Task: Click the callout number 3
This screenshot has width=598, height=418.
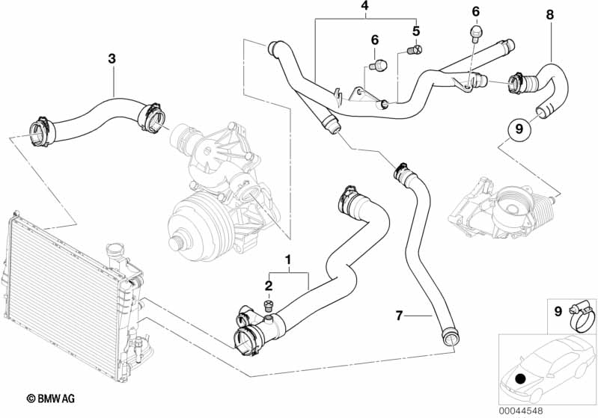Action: click(x=112, y=58)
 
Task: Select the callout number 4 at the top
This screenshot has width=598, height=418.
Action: click(x=365, y=6)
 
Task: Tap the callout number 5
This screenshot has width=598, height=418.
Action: click(x=415, y=31)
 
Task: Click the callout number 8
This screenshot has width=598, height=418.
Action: click(x=549, y=15)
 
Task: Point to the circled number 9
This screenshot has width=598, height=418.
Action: click(x=519, y=129)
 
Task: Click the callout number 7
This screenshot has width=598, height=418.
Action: click(x=399, y=316)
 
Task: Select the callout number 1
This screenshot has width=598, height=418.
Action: click(x=288, y=260)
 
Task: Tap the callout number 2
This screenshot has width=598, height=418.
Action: click(x=269, y=286)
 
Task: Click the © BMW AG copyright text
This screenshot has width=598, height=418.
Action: click(x=51, y=399)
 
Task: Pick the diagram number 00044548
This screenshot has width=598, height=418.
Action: click(x=521, y=411)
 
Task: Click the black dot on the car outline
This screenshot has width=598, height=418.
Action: click(x=520, y=379)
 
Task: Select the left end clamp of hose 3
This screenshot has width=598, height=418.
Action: click(x=40, y=132)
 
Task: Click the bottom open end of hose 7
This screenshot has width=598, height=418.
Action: click(x=450, y=338)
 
